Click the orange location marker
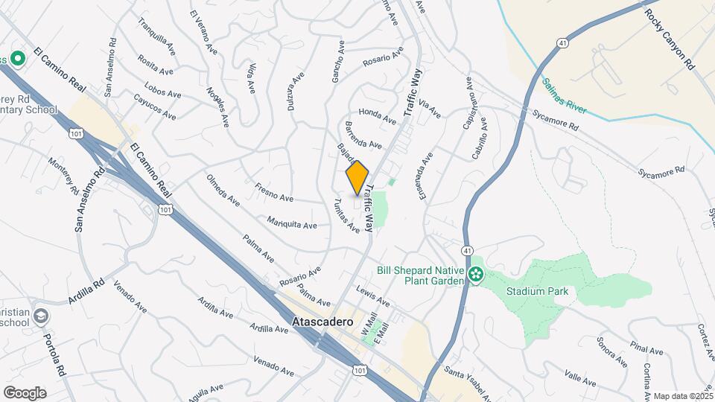tap(357, 178)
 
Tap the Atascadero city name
tap(318, 324)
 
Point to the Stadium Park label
tap(537, 291)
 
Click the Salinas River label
tap(564, 97)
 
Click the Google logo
tap(25, 392)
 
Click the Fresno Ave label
tap(274, 193)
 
